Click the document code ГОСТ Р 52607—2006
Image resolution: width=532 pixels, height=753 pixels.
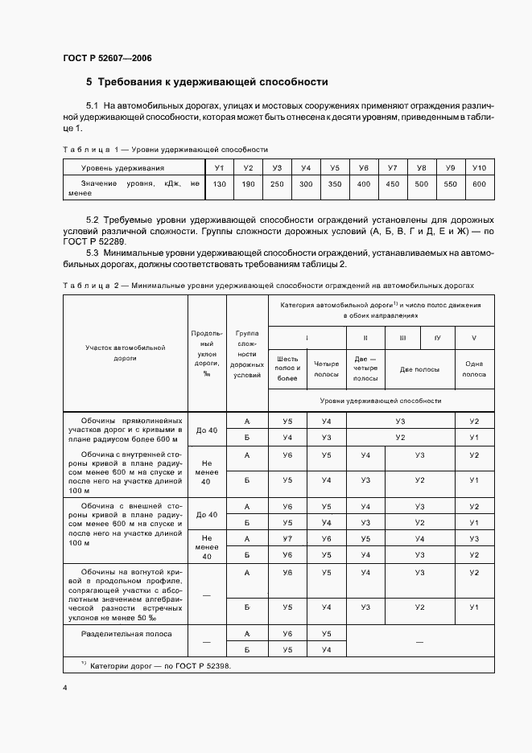[x=107, y=58]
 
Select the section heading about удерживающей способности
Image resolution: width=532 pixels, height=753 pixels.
[x=207, y=81]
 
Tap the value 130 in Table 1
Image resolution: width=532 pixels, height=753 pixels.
[x=219, y=184]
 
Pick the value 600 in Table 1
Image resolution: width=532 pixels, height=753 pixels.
[x=480, y=184]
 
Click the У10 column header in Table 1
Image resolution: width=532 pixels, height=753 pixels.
[x=480, y=167]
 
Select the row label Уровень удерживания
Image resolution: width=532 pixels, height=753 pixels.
[x=123, y=167]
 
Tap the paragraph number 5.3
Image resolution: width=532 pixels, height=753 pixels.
[x=92, y=253]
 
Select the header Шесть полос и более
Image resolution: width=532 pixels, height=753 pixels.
[x=287, y=368]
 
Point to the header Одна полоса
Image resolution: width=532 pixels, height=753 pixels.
[x=474, y=368]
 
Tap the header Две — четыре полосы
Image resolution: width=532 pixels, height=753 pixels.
[x=365, y=368]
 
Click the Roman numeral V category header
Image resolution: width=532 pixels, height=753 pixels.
[x=474, y=338]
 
